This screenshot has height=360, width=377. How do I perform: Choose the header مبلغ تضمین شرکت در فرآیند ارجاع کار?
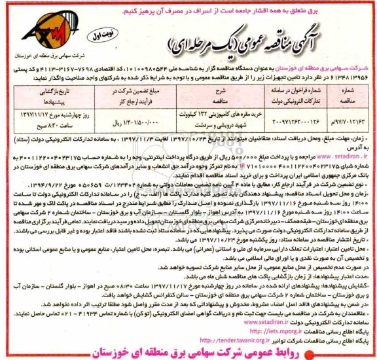[120, 94]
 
